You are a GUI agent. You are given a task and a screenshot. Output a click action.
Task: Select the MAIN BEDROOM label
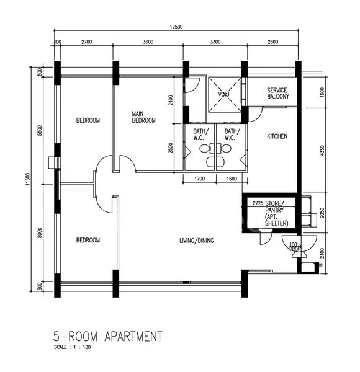pyautogui.click(x=143, y=117)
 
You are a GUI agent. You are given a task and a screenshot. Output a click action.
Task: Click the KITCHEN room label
pyautogui.click(x=277, y=136)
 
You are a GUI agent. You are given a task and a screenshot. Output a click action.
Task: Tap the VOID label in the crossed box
pyautogui.click(x=223, y=94)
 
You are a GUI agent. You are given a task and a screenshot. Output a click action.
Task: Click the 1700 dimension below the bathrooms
pyautogui.click(x=199, y=180)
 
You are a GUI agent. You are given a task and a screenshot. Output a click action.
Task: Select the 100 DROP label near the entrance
pyautogui.click(x=294, y=247)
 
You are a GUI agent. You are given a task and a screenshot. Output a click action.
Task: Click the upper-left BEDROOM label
pyautogui.click(x=88, y=120)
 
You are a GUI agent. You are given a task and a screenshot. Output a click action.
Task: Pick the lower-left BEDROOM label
pyautogui.click(x=88, y=241)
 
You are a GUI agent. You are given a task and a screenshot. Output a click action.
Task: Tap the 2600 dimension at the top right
pyautogui.click(x=272, y=42)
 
